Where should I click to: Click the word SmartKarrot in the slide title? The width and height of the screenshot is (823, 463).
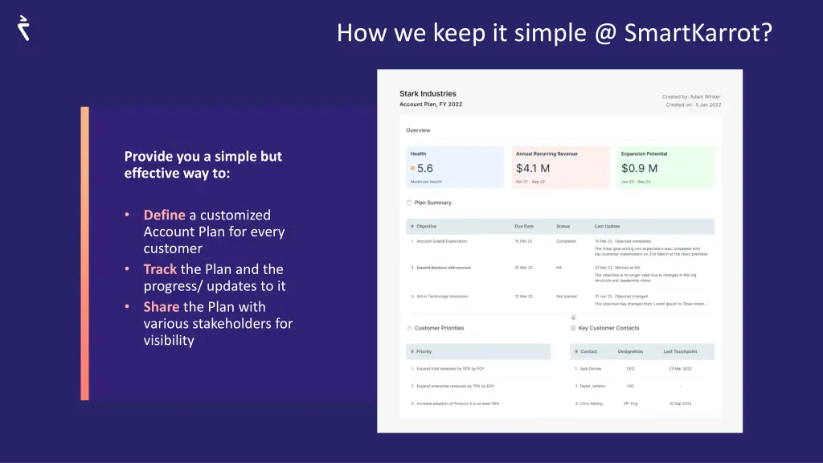[x=698, y=33]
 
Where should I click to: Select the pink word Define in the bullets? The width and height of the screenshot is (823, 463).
[x=164, y=215]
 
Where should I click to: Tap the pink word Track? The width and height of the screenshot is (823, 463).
[x=160, y=269]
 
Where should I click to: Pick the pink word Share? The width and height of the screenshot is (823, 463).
[x=161, y=306]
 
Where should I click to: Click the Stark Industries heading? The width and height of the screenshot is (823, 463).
[x=428, y=94]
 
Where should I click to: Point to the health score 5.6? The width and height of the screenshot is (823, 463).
[x=424, y=168]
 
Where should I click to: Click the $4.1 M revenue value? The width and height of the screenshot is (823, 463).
[x=532, y=168]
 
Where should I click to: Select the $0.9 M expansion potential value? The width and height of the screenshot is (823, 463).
[x=639, y=168]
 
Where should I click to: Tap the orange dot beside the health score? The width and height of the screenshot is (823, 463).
[x=412, y=169]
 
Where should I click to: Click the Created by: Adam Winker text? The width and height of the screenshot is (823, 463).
[x=691, y=96]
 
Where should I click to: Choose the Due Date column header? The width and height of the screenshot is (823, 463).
[x=524, y=226]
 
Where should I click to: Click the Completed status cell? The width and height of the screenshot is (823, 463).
[x=566, y=241]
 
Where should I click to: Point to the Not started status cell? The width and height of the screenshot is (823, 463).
[x=567, y=297]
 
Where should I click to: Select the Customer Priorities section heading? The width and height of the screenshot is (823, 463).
[x=439, y=328]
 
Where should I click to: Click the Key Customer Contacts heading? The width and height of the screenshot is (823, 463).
[x=608, y=328]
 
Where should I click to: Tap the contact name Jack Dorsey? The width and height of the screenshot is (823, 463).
[x=592, y=368]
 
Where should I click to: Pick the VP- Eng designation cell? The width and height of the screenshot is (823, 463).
[x=631, y=403]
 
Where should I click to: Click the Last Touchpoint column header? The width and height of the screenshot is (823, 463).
[x=680, y=351]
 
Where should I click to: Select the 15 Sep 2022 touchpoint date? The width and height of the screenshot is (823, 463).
[x=680, y=403]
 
